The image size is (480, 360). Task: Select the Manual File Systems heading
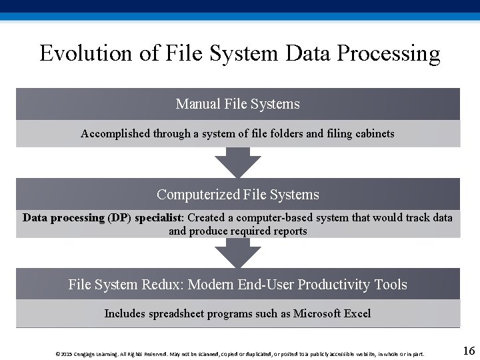tap(238, 104)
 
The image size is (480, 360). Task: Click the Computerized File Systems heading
tap(238, 195)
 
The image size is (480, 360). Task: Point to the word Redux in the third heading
tap(163, 285)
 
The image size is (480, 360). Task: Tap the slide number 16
tap(468, 351)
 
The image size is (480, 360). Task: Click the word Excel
tap(357, 313)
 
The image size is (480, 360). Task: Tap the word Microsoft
tap(317, 313)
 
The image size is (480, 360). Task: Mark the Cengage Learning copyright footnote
tap(239, 354)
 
